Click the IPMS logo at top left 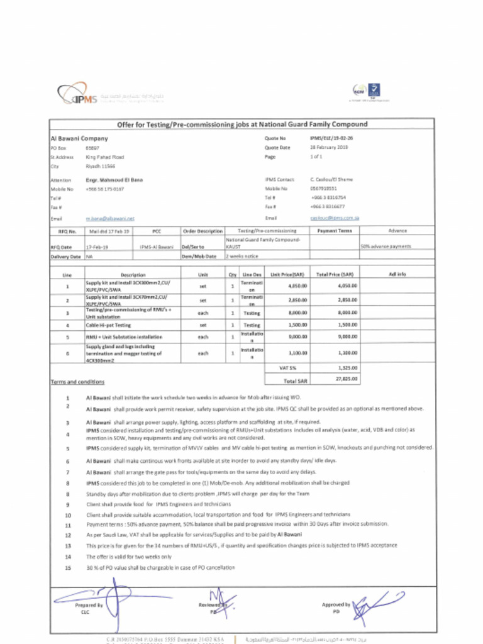(x=78, y=95)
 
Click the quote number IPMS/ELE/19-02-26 (x=331, y=138)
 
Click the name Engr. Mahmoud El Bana (x=114, y=180)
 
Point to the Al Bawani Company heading (x=79, y=138)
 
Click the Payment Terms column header (x=334, y=231)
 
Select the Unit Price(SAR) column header (x=287, y=275)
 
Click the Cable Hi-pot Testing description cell (x=108, y=325)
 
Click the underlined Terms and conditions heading (x=77, y=382)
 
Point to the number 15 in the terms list (x=67, y=567)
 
